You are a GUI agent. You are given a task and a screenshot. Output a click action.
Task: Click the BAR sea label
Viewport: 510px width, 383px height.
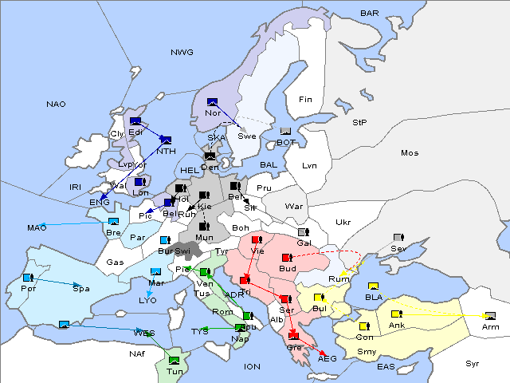[369, 14]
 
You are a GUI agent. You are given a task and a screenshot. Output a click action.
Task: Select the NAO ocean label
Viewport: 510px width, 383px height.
[56, 104]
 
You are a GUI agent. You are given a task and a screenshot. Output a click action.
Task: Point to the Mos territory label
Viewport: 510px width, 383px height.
[410, 152]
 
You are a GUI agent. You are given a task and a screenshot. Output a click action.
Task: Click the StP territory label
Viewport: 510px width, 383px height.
[359, 123]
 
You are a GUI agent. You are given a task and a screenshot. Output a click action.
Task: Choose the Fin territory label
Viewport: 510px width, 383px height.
[304, 100]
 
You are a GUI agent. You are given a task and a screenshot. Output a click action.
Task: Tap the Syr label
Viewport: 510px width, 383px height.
[473, 363]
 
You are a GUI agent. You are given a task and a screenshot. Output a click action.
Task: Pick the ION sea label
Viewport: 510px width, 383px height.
[252, 366]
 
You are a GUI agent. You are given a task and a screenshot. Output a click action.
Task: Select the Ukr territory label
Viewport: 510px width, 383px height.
[343, 222]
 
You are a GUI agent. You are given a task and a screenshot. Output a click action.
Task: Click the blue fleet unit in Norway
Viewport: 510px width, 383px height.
[212, 101]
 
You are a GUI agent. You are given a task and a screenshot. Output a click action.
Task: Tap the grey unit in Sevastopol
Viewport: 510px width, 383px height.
[398, 238]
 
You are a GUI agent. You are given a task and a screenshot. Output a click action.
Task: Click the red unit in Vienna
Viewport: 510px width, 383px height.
[257, 239]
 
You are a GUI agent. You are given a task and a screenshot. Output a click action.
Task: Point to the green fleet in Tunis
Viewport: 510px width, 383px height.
[175, 361]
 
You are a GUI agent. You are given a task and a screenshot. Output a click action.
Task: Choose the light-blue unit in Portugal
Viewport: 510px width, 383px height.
[28, 278]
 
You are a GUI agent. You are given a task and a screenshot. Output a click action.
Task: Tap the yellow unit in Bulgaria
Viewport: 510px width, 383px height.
[319, 298]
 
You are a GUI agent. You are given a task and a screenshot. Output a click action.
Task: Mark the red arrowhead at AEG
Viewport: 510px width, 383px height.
[323, 353]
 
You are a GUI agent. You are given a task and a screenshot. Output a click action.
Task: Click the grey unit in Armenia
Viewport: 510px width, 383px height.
[490, 315]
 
